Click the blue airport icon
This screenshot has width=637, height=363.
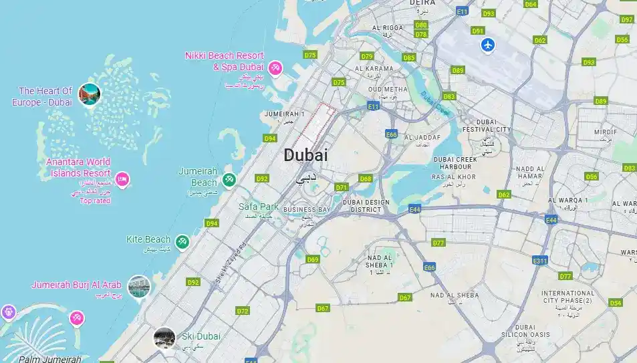[489, 45]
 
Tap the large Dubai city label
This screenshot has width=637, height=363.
[306, 155]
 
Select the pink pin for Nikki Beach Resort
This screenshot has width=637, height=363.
[275, 68]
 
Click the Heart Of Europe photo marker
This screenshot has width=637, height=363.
[89, 94]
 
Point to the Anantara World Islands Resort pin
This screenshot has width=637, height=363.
[122, 179]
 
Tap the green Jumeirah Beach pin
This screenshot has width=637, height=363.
[229, 179]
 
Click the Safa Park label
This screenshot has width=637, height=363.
[259, 207]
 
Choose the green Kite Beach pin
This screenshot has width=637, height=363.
[182, 241]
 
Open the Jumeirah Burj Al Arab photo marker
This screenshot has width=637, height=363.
[140, 286]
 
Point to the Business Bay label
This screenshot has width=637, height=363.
[307, 210]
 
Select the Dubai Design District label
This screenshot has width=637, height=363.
[366, 205]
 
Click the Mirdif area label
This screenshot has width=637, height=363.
[605, 132]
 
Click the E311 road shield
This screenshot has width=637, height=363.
[540, 260]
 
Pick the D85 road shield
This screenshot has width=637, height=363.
[409, 57]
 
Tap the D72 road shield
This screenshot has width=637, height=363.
[242, 311]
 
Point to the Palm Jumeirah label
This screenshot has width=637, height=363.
[49, 359]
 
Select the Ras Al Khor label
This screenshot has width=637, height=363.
[454, 176]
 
